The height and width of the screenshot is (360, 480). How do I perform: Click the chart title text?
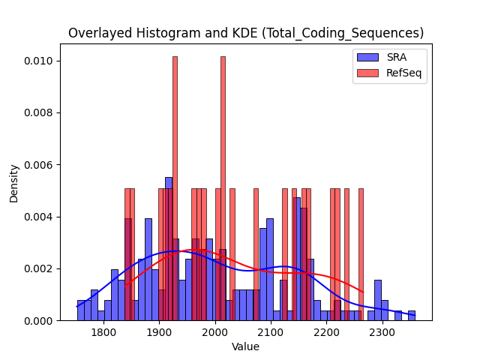click(x=246, y=33)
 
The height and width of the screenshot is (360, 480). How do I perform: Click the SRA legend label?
click(x=397, y=57)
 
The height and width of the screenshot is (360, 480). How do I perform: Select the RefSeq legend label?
click(x=403, y=73)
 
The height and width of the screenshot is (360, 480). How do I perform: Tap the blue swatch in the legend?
click(x=367, y=57)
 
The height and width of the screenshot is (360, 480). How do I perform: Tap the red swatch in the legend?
click(x=367, y=73)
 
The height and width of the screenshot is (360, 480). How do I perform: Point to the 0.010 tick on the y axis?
click(x=38, y=61)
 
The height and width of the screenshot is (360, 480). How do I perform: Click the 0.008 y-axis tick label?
click(x=38, y=113)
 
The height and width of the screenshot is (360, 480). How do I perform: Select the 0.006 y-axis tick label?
click(x=38, y=165)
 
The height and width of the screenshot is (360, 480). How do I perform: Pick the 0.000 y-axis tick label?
click(x=38, y=321)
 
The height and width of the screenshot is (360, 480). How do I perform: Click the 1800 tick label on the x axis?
click(x=103, y=332)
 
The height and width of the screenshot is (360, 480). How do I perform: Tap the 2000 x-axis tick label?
click(x=215, y=332)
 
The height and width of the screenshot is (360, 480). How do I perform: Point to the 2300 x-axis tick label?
click(x=382, y=332)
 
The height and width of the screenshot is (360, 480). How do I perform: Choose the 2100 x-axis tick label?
click(x=271, y=332)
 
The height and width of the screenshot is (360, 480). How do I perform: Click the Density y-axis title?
click(x=13, y=184)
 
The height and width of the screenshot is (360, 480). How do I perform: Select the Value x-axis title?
click(x=245, y=346)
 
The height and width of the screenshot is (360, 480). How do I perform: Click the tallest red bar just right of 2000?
click(x=223, y=188)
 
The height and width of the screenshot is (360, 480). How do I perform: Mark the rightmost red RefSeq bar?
click(x=361, y=255)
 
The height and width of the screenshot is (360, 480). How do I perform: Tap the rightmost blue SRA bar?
click(x=412, y=316)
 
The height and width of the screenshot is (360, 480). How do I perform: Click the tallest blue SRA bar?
click(x=169, y=249)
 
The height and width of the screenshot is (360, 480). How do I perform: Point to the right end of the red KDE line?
click(x=363, y=292)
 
